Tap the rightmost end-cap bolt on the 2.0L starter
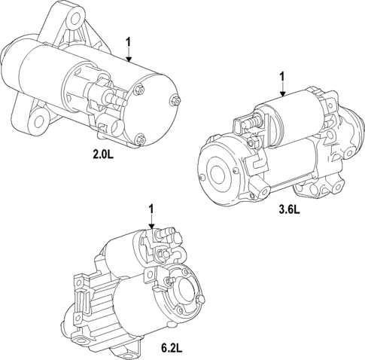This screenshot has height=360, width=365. coord(175,98)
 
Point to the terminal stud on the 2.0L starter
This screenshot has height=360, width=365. coord(118,97)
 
